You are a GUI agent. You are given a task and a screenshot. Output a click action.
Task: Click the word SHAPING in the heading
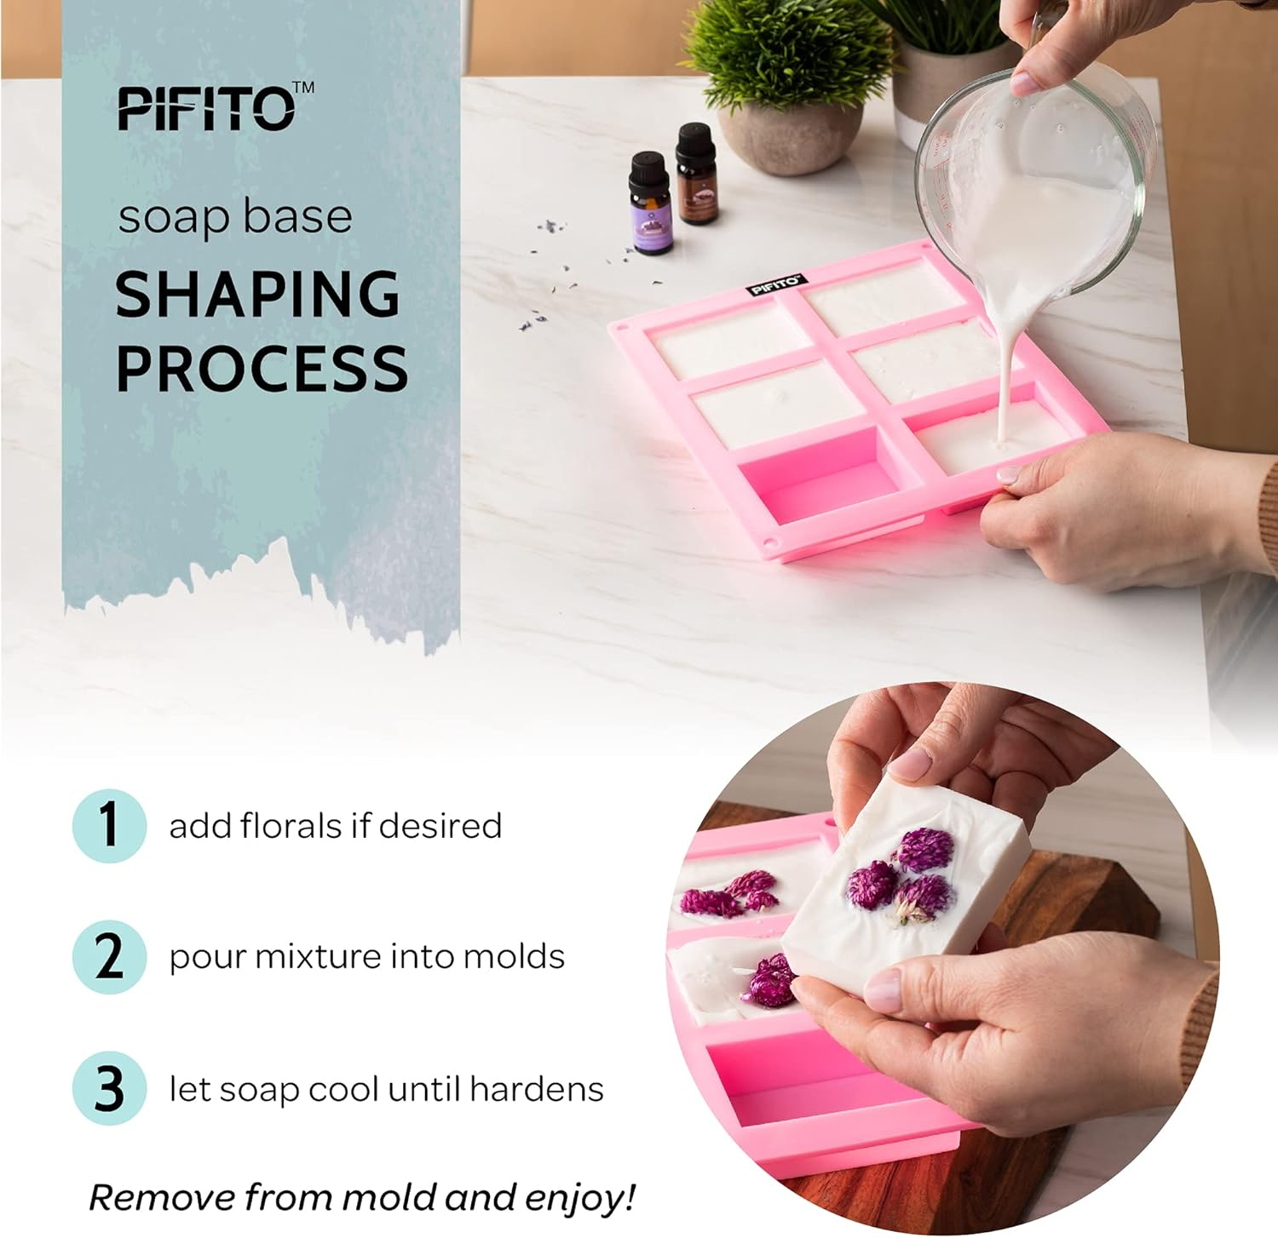pos(257,295)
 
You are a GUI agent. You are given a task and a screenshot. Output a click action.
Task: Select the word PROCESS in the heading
pos(262,369)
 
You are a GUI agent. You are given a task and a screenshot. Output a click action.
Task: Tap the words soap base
pos(235,216)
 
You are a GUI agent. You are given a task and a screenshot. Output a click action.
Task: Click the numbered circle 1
pos(109,825)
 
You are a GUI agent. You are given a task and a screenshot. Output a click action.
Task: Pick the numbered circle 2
pos(109,956)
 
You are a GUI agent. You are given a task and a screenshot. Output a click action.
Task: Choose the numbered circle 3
pos(109,1088)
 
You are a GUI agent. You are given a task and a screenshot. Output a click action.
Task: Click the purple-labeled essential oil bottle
pos(651,206)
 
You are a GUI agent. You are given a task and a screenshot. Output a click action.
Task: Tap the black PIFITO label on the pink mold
pos(775,284)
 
